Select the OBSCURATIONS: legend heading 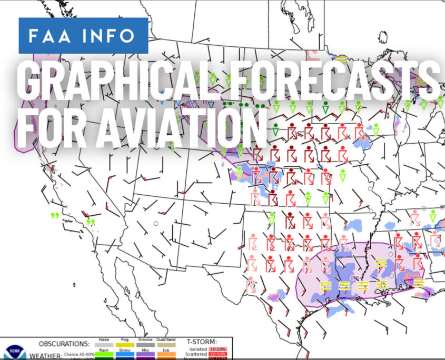click(x=64, y=344)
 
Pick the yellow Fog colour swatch click(x=125, y=345)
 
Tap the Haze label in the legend click(x=104, y=339)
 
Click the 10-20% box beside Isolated click(x=217, y=349)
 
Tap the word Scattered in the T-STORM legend click(x=196, y=354)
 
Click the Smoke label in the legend click(x=145, y=339)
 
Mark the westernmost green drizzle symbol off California click(x=54, y=215)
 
